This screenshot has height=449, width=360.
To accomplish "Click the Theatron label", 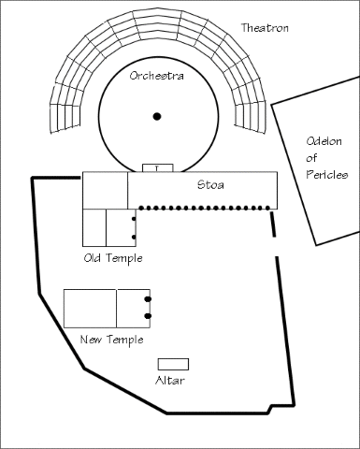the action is coord(265,28).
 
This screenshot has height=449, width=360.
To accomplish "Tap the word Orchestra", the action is coord(156,76).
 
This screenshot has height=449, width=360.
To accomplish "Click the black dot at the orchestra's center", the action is coord(157,117).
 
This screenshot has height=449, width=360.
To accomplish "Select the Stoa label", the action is coord(210,185).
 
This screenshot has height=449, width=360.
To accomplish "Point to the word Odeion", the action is coord(324,141).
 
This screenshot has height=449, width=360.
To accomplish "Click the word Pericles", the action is coord(326,174).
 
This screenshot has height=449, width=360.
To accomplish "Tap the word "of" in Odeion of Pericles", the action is coord(311,158).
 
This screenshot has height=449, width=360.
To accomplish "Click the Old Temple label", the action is coord(113,258).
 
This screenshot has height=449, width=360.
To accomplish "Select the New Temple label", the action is coord(112,340).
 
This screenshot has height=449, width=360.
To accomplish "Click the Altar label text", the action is coord(170,381).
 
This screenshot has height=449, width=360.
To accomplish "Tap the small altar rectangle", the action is coord(173,364).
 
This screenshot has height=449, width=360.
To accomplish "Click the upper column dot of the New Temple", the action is coord(148,299).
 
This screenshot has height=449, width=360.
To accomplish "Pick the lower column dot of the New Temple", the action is coord(148,316).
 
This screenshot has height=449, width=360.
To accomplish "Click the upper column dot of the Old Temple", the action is coord(134,219).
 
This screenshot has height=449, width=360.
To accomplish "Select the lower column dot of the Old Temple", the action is coord(134,238).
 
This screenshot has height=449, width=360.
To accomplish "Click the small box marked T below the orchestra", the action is coord(157,167).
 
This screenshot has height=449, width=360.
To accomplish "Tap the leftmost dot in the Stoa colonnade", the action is coord(141,208).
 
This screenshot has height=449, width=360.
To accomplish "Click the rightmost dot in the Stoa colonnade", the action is coord(267,208).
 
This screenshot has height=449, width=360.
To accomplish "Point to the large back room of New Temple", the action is coord(91,309).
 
